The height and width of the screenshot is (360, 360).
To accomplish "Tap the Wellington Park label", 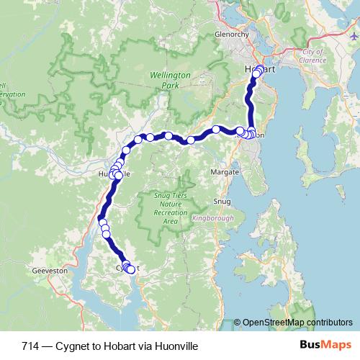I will coord(169,79).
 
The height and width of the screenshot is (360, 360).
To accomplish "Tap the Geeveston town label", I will coord(50,271).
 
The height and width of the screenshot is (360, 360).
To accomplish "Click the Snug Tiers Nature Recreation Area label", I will coord(170,208).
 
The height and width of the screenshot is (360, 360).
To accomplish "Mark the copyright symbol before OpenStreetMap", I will coord(238,322).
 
